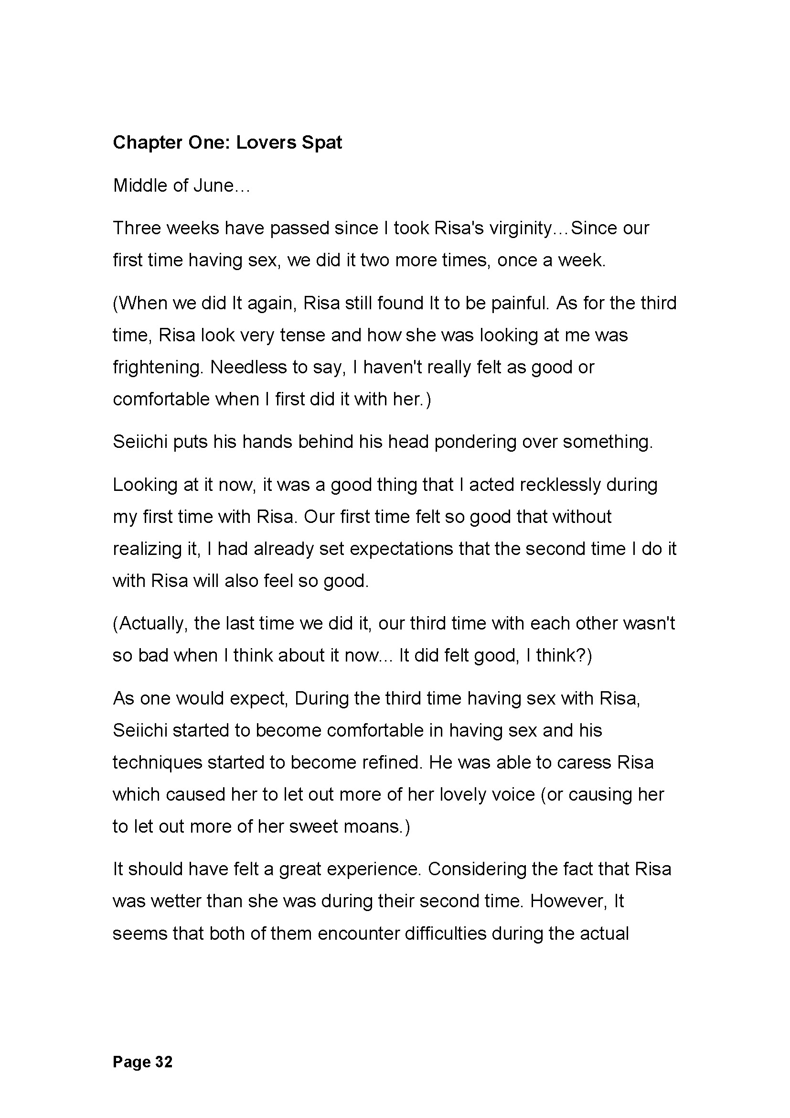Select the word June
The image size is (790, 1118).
[x=214, y=185]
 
